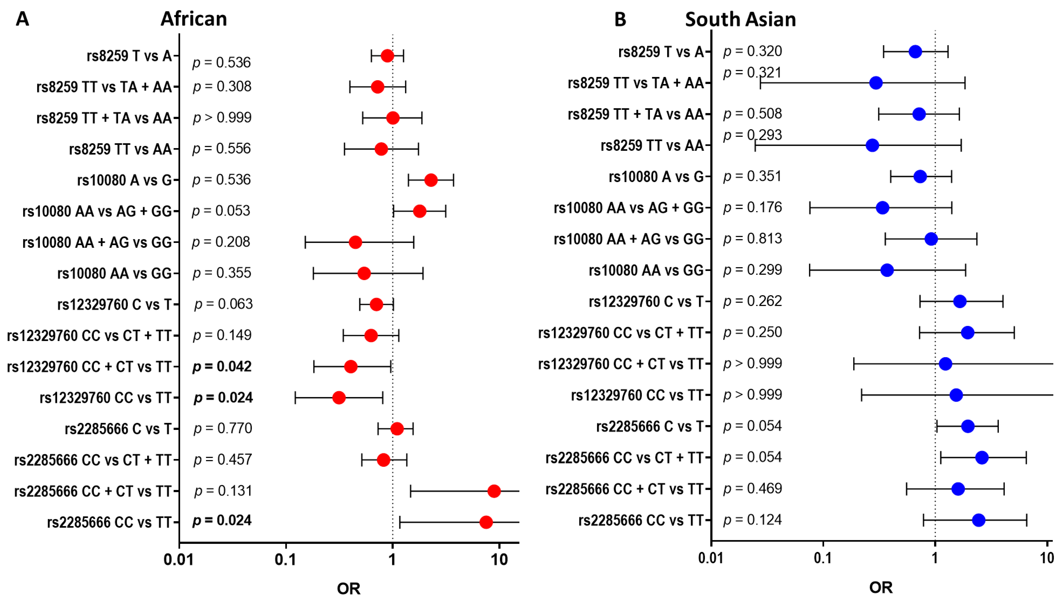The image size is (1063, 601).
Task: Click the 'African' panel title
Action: [194, 19]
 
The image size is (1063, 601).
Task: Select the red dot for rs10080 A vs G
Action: [431, 180]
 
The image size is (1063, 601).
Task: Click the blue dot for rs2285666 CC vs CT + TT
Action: [982, 457]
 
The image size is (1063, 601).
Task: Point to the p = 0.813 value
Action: [752, 239]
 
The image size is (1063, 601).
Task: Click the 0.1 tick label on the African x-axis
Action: [285, 560]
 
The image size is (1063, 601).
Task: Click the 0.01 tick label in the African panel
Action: [178, 560]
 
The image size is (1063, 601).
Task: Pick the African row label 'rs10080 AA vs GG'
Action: [114, 273]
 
